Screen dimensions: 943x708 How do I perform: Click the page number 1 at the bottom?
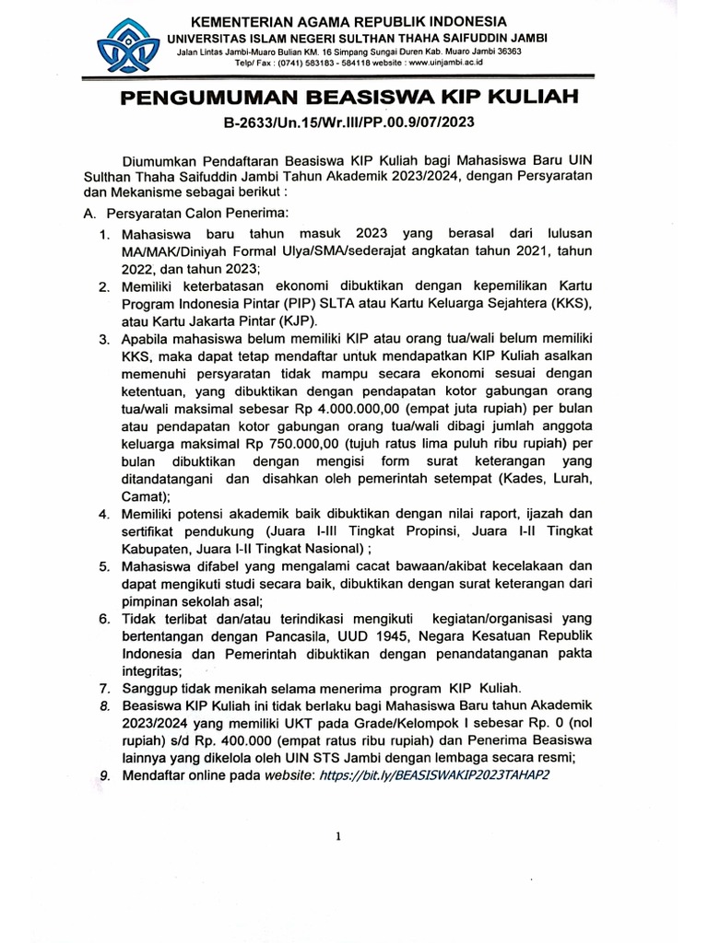click(339, 836)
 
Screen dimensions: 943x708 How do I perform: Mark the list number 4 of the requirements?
click(104, 513)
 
